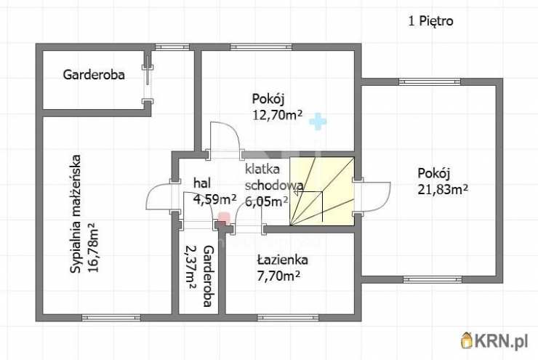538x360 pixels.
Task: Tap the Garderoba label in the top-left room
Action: [x=94, y=74]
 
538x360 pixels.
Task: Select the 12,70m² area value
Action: [x=277, y=113]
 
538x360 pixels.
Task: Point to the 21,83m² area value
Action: [x=442, y=189]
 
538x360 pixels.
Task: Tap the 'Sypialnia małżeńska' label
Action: [x=75, y=215]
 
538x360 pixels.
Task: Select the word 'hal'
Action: [x=201, y=183]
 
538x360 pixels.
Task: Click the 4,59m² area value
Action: [x=214, y=199]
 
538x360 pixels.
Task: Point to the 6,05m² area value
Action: [x=266, y=201]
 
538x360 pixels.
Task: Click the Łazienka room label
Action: [x=283, y=260]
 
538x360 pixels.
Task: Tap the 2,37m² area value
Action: [x=192, y=266]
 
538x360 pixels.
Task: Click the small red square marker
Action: [x=225, y=217]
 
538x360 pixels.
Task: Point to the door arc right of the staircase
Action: [x=377, y=194]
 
